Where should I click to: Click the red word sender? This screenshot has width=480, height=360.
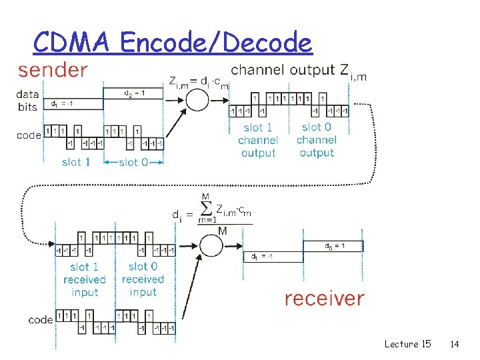tap(52, 70)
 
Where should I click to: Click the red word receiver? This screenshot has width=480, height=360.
tap(324, 299)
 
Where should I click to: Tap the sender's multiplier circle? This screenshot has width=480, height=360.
tap(196, 101)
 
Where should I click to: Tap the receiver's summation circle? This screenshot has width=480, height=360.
tap(211, 245)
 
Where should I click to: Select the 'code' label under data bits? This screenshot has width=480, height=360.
tap(29, 135)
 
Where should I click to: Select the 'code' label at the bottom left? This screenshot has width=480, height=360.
tap(41, 320)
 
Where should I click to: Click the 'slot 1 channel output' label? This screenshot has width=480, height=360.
tap(258, 140)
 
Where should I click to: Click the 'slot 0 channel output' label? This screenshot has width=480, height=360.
tap(316, 140)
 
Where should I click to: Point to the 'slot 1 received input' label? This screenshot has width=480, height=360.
tap(84, 279)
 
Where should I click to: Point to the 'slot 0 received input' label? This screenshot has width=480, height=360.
tap(143, 279)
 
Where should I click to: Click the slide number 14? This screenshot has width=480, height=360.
tap(455, 344)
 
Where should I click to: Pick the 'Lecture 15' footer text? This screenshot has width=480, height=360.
tap(407, 344)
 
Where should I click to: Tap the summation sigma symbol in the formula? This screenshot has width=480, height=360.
tap(205, 208)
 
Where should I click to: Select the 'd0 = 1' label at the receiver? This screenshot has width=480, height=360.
tap(334, 246)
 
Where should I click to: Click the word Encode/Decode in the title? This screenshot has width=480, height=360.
tap(217, 43)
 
